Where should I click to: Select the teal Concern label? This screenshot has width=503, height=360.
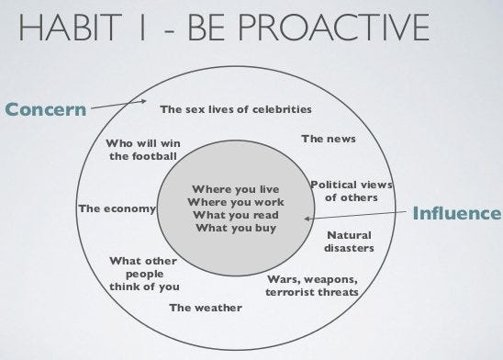click(45, 111)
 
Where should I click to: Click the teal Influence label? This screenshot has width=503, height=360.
click(457, 214)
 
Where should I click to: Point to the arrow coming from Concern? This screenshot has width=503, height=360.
click(118, 107)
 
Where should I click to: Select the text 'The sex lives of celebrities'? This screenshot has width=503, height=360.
click(236, 109)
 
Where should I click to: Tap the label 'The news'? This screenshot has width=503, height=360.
click(328, 139)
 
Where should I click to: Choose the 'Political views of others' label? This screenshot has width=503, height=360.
click(351, 191)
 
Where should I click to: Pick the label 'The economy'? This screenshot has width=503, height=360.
click(117, 208)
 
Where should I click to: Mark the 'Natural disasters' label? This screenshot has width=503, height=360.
click(349, 242)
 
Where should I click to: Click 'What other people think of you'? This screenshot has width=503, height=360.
click(143, 274)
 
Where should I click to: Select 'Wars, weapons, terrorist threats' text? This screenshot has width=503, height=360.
click(312, 286)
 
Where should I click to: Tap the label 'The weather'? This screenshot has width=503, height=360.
click(206, 308)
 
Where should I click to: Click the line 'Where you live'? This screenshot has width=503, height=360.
click(236, 190)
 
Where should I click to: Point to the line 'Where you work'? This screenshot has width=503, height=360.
click(236, 202)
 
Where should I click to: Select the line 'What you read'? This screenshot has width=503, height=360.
click(236, 215)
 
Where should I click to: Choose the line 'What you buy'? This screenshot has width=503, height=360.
click(236, 228)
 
